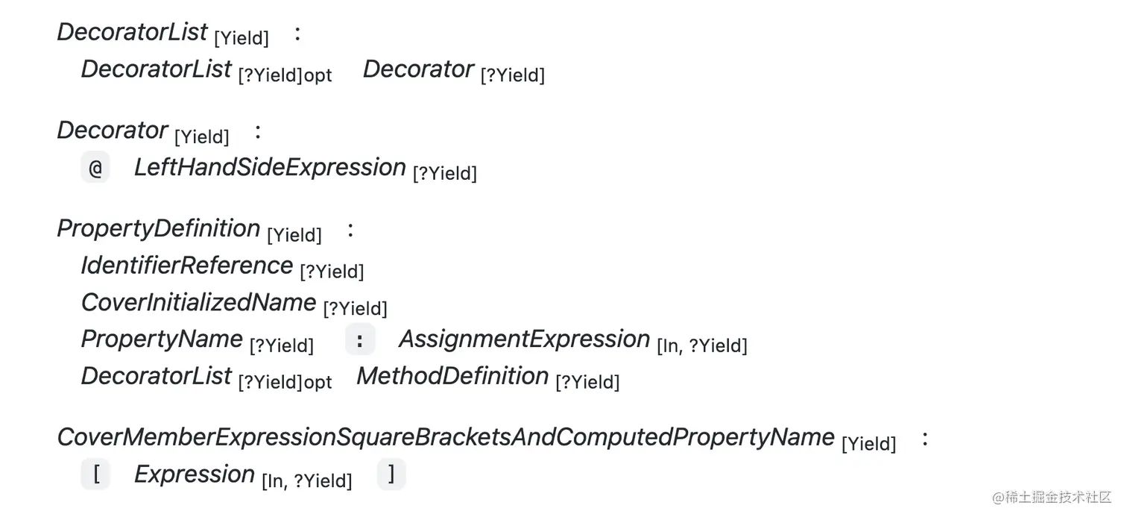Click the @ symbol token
point(95,168)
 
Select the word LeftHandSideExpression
point(270,167)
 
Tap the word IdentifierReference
point(187,266)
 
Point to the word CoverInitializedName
point(198,302)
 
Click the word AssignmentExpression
point(524,339)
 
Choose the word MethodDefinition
point(452,376)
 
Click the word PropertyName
point(162,339)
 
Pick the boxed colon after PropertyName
point(360,340)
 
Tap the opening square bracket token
point(96,474)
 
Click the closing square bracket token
point(391,474)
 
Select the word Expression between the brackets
point(195,474)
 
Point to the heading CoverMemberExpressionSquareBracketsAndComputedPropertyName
point(446,437)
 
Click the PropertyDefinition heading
point(159,228)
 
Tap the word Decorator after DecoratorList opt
point(418,69)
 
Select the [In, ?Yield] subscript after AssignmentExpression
point(701,346)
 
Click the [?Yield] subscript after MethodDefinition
point(587,383)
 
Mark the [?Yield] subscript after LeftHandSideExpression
point(444,174)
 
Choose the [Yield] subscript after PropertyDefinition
point(294,236)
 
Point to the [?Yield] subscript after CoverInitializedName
point(355,309)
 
